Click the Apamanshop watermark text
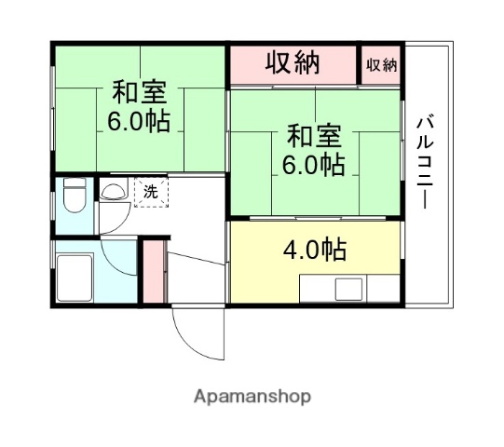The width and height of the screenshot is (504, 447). point(252,397)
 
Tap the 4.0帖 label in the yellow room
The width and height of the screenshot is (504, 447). point(315,250)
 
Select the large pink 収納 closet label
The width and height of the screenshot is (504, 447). point(293,64)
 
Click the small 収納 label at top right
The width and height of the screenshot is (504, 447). point(381,65)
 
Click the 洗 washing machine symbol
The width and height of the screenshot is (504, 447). point(149,193)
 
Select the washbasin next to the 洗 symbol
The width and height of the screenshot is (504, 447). point(114,193)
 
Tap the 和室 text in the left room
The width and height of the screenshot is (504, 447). point(140,94)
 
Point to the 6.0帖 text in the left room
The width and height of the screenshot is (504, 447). point(139,121)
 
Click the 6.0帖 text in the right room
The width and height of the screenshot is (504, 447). point(314,166)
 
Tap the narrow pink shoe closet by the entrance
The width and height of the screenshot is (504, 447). point(153,271)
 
